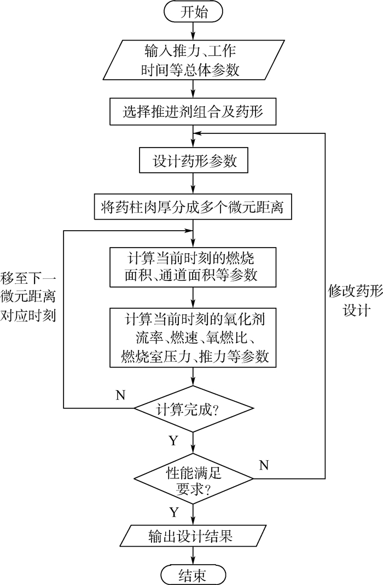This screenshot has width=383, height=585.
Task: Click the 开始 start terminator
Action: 193,12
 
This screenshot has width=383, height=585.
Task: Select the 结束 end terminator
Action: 193,574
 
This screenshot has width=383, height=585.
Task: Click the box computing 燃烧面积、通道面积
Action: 193,266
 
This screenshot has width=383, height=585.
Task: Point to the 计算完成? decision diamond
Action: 193,408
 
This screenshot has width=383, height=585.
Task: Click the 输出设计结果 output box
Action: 193,535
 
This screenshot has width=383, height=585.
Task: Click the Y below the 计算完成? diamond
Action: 173,441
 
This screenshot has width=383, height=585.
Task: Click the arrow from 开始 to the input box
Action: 193,31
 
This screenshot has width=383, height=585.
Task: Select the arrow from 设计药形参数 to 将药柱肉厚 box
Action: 193,184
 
